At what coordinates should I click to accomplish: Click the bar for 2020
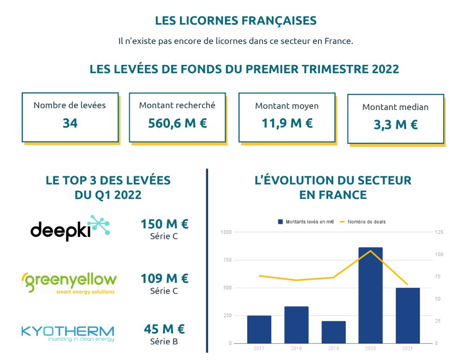(370, 295)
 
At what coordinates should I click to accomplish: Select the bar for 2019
(333, 332)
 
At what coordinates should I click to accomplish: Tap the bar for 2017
(259, 329)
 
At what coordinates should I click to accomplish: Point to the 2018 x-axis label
(296, 348)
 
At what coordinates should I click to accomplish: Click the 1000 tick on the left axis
(226, 232)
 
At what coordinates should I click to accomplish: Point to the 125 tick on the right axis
(439, 232)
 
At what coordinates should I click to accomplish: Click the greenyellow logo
(69, 281)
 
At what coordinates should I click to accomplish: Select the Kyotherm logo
(68, 333)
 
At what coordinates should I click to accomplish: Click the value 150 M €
(164, 224)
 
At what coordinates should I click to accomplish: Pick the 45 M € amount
(164, 329)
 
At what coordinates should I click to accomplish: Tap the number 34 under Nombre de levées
(70, 123)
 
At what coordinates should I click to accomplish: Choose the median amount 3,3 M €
(395, 125)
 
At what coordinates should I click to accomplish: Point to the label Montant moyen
(287, 106)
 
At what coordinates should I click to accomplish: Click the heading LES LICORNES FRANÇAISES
(236, 21)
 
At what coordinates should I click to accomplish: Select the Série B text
(164, 342)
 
